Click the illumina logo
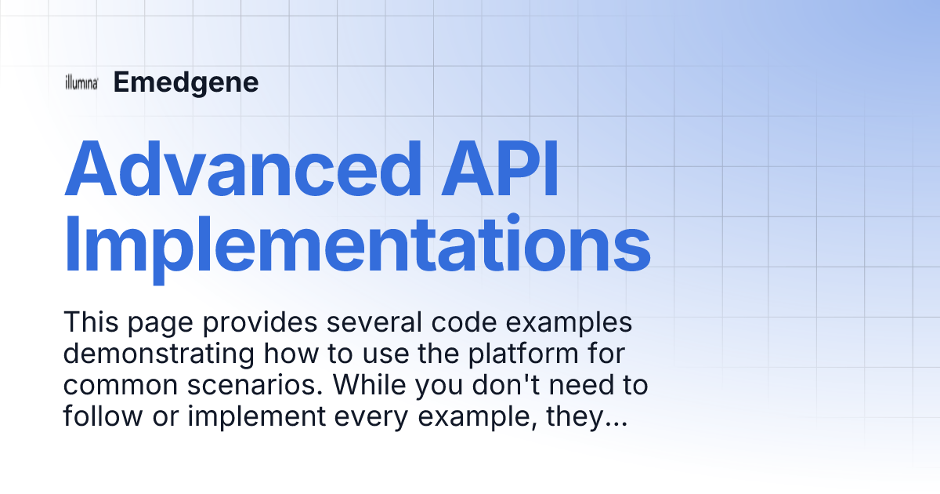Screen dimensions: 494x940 (81, 83)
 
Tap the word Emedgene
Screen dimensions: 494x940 (186, 82)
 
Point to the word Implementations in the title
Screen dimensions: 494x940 (357, 245)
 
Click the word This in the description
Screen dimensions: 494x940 (89, 322)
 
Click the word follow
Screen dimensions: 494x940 (99, 417)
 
